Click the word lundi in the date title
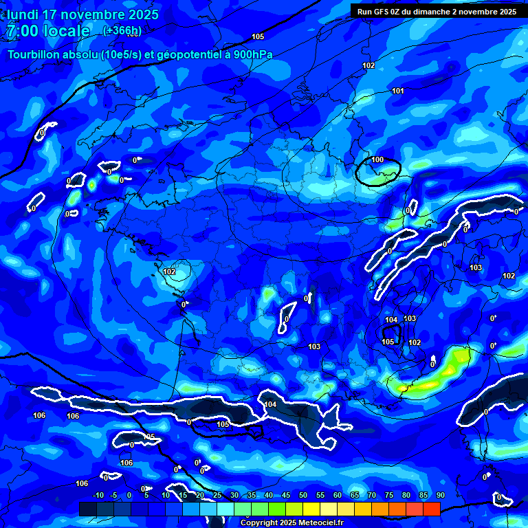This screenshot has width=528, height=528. (x=23, y=14)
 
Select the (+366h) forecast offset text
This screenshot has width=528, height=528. (x=122, y=31)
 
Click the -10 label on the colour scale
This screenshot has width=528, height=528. (x=98, y=496)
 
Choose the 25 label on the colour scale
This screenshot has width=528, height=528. (x=217, y=496)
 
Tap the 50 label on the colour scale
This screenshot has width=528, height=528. (x=302, y=496)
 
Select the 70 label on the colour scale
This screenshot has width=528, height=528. (x=371, y=496)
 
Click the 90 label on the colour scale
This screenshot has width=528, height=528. (x=439, y=496)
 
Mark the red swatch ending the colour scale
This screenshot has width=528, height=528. (x=431, y=509)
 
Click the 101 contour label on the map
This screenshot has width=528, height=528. (x=398, y=91)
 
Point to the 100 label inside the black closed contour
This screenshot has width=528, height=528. (x=377, y=159)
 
